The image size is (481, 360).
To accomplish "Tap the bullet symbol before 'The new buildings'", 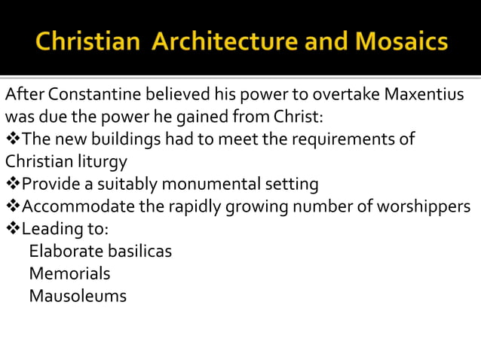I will click(x=12, y=140).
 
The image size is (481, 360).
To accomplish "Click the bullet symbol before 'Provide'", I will click(x=12, y=184).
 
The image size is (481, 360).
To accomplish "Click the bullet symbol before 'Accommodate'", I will click(x=12, y=206).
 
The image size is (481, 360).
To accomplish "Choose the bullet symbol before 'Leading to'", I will click(x=12, y=228).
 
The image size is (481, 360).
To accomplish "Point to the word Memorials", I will click(x=69, y=273).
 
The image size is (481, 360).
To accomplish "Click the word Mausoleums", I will click(x=78, y=296).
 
